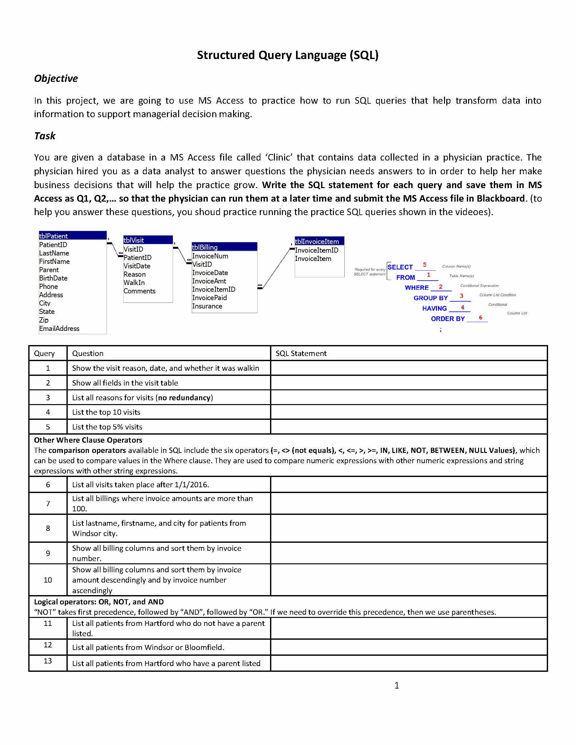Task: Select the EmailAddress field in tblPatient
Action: pos(59,328)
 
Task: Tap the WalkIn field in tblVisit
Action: pos(134,282)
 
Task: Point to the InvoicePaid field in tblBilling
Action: pos(209,298)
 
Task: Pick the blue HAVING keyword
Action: pos(434,308)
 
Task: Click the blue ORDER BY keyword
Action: pos(447,319)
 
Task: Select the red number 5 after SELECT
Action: pos(424,265)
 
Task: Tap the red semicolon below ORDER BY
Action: pos(441,330)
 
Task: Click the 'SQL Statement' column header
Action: pos(301,353)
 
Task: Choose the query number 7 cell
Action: pos(48,504)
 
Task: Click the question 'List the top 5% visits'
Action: pos(107,427)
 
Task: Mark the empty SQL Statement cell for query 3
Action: pos(408,397)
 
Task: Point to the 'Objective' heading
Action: pos(56,78)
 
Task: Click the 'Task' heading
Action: pos(45,136)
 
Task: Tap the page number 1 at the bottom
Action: pos(397,685)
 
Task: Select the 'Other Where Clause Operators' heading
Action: pos(88,440)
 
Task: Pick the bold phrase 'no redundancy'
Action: pos(184,397)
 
